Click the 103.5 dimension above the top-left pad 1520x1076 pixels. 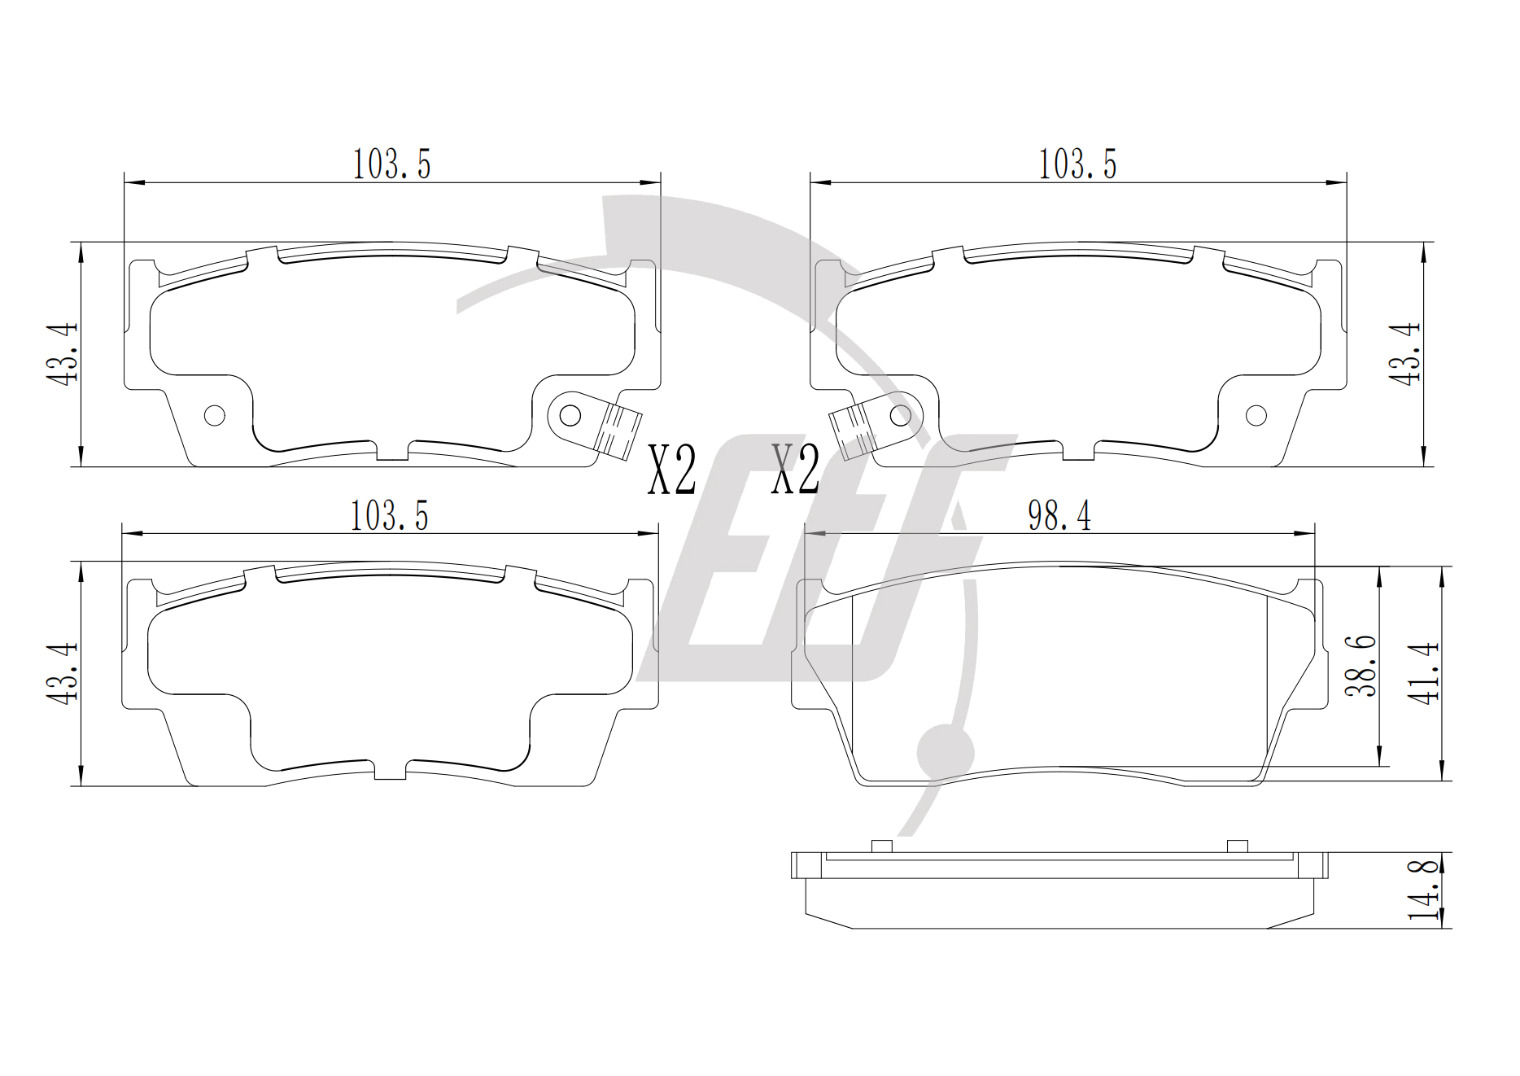coord(391,164)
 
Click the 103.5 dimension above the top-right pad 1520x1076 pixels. coord(1077,164)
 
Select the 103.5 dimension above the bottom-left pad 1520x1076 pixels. coord(389,516)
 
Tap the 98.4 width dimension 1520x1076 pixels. coord(1059,516)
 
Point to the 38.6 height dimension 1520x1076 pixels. coord(1361,666)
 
